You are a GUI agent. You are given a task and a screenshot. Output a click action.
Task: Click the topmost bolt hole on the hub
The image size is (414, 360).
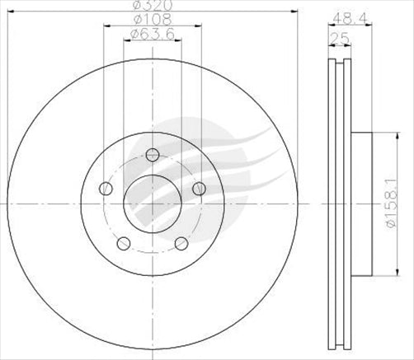pos(152,154)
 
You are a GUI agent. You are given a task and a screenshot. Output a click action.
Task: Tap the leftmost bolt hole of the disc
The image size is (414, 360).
pos(105,189)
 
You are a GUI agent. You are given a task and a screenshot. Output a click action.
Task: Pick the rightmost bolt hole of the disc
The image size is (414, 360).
pos(199,189)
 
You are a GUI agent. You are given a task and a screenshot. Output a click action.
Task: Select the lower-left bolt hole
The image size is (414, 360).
pos(123,243)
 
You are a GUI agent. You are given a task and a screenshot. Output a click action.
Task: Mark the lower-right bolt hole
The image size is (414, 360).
pos(181,243)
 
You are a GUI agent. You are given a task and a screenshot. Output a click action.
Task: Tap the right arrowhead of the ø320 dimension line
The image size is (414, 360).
pos(293,13)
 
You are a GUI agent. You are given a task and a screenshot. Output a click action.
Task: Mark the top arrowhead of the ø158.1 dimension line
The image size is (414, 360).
pos(391,138)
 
